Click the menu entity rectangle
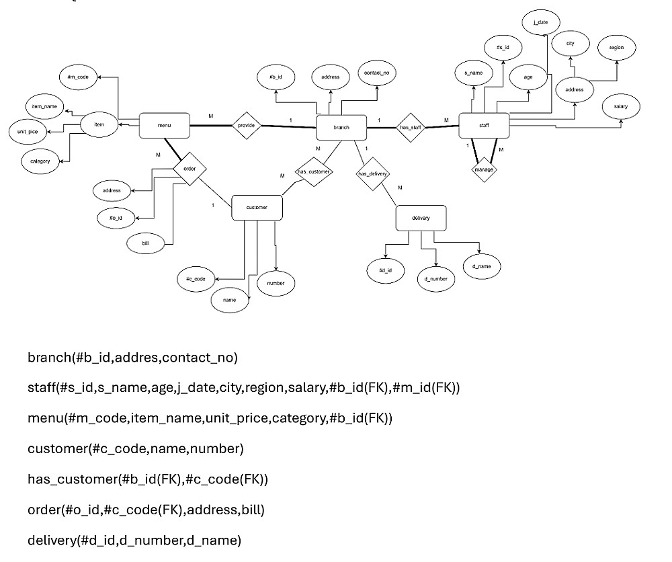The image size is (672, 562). click(x=164, y=126)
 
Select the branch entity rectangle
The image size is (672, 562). click(x=341, y=126)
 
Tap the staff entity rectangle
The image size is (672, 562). click(x=484, y=126)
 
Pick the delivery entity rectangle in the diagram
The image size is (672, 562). click(x=421, y=218)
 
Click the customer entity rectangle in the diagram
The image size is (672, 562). click(x=257, y=208)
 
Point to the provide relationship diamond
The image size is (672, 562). click(x=246, y=126)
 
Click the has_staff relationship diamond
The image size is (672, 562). click(x=409, y=126)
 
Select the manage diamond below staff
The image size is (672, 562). click(x=484, y=169)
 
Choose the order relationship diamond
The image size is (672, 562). click(x=190, y=169)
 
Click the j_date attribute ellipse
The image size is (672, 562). click(x=540, y=22)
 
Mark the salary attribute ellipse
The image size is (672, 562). click(x=621, y=106)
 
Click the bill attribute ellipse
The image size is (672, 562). click(x=145, y=243)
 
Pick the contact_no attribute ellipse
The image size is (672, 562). click(x=376, y=73)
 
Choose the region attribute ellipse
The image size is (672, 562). click(x=616, y=48)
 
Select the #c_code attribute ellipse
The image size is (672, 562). click(x=196, y=278)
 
